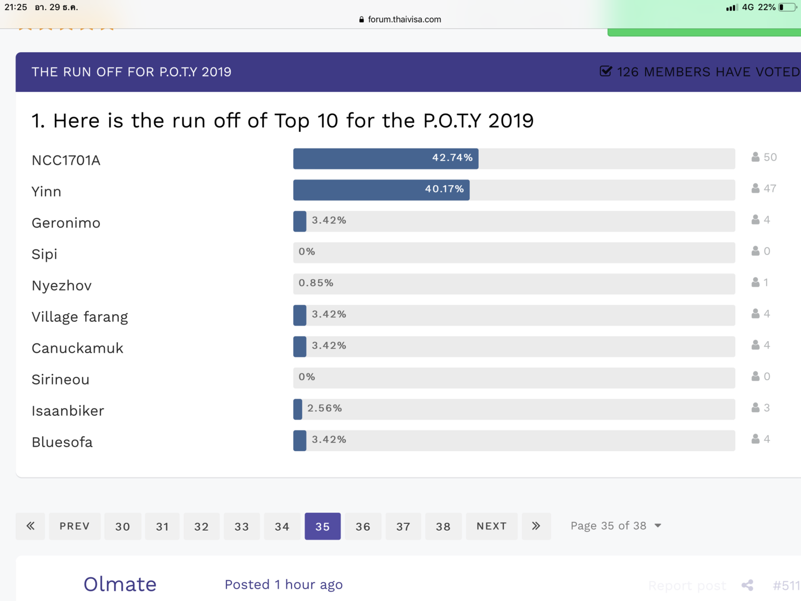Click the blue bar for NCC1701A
386,159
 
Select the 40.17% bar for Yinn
381,190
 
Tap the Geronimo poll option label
66,223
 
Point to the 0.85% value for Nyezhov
316,283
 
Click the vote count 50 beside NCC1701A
770,157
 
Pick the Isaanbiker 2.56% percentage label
324,408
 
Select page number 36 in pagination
363,526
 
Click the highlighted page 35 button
323,526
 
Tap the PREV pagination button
75,526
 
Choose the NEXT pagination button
492,526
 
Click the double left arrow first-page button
30,526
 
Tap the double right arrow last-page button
536,526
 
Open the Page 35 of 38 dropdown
616,526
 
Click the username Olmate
120,584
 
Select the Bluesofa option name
62,442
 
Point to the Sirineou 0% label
307,377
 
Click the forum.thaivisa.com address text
404,19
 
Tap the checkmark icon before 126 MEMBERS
605,71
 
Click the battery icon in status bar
787,7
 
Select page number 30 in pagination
123,526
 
